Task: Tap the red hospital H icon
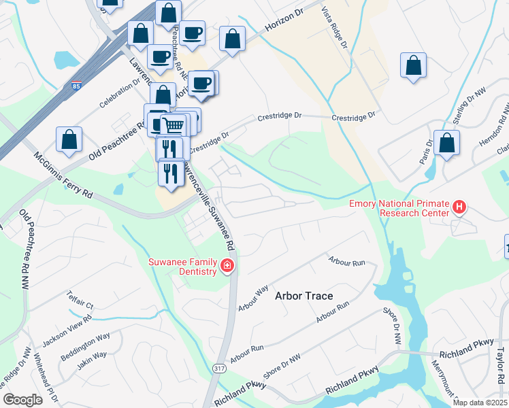[x=460, y=206]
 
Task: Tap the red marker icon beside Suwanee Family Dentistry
[x=227, y=267]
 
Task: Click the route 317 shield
[x=218, y=368]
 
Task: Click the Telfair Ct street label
[x=79, y=300]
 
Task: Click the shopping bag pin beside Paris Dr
[x=446, y=143]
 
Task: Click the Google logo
[x=23, y=400]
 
